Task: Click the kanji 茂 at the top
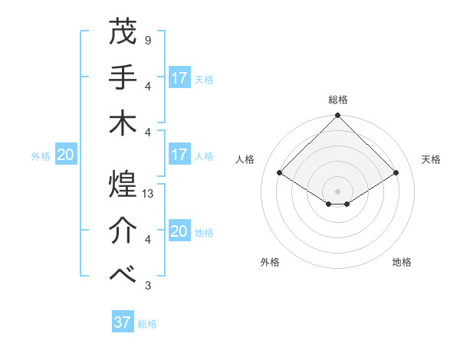tap(123, 31)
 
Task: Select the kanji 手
tap(123, 77)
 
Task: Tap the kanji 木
tap(123, 123)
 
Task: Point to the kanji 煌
tap(123, 185)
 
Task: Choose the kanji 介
tap(123, 231)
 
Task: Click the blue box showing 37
tap(123, 322)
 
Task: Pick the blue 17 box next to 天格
tap(179, 78)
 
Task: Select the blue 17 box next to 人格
tap(179, 155)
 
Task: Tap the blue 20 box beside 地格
tap(179, 231)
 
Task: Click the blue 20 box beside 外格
tap(66, 155)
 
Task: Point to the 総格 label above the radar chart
tap(338, 100)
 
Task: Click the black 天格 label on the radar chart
tap(431, 159)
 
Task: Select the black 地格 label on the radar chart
tap(402, 263)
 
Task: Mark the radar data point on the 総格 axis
tap(338, 116)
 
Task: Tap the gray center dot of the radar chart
tap(338, 190)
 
